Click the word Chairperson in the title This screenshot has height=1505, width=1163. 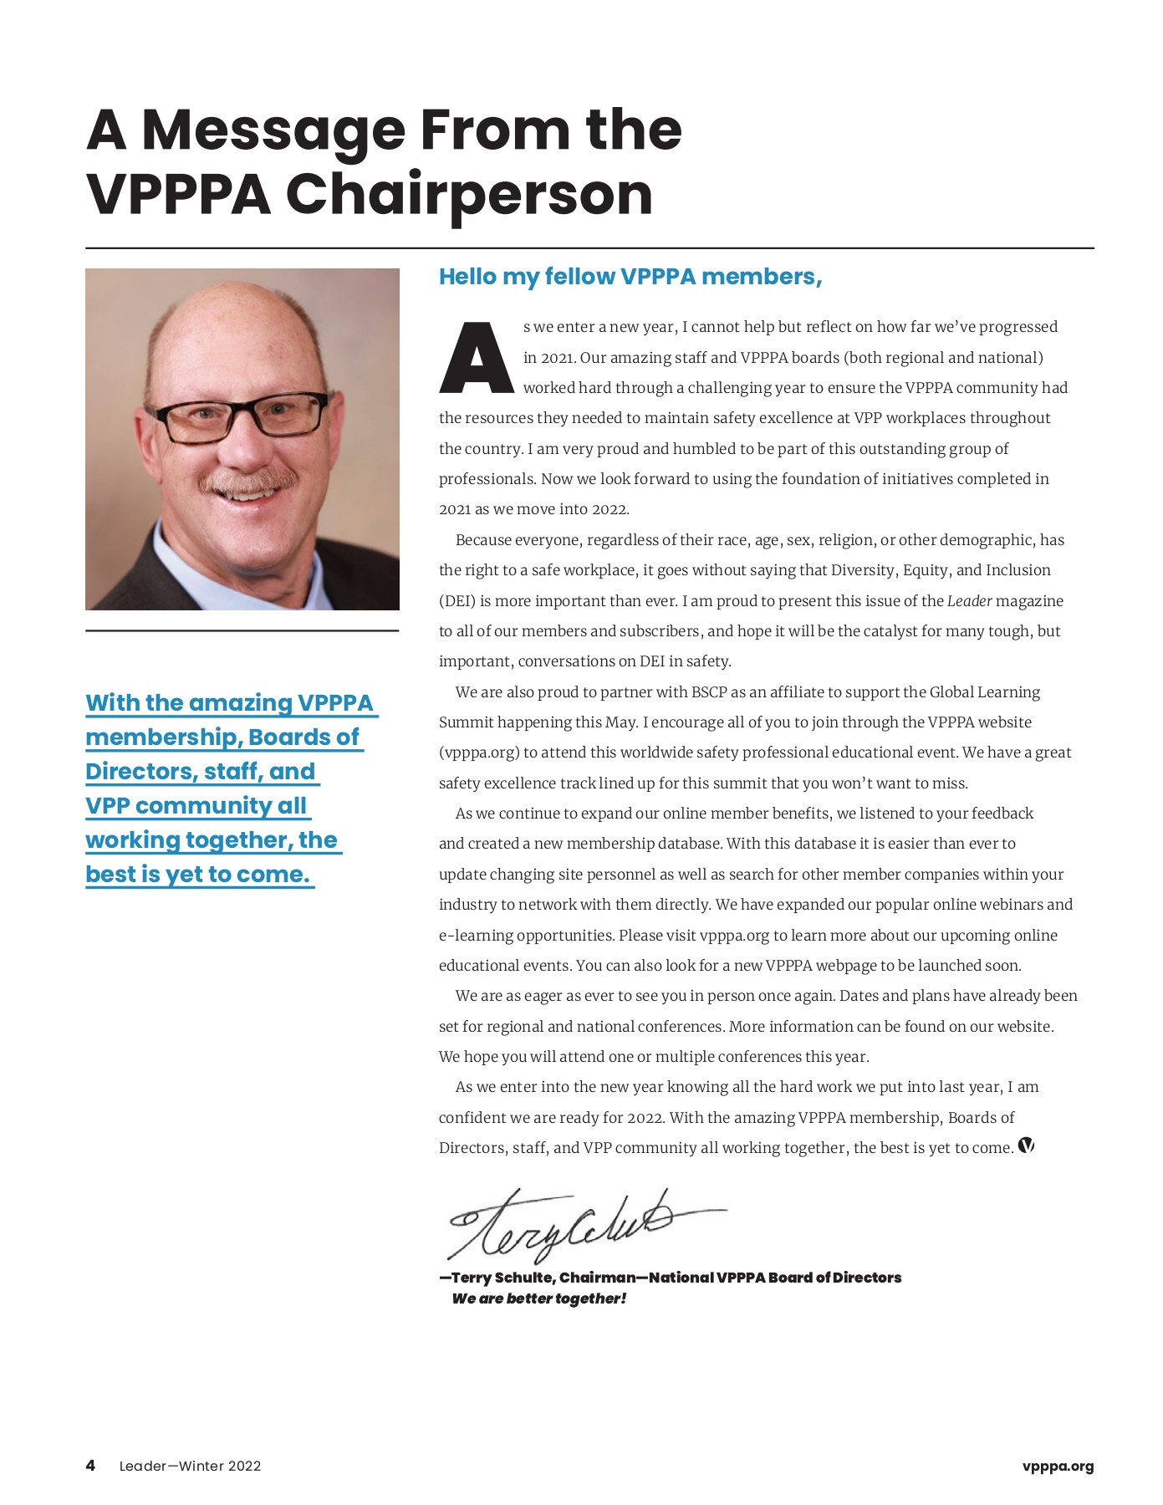coord(469,195)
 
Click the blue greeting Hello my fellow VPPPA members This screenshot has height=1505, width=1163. coord(630,277)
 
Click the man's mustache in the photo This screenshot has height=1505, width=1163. coord(248,481)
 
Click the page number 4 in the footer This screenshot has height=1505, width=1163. coord(90,1466)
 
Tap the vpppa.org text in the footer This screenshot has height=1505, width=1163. coord(1058,1466)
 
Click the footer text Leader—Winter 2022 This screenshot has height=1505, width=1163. coord(190,1466)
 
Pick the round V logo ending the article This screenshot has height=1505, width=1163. coord(1026,1146)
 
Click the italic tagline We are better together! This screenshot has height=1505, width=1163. coord(539,1298)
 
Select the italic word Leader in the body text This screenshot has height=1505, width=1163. coord(969,601)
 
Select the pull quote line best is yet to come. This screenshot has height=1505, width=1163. coord(198,875)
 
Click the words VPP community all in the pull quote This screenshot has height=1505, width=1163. coord(196,806)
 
